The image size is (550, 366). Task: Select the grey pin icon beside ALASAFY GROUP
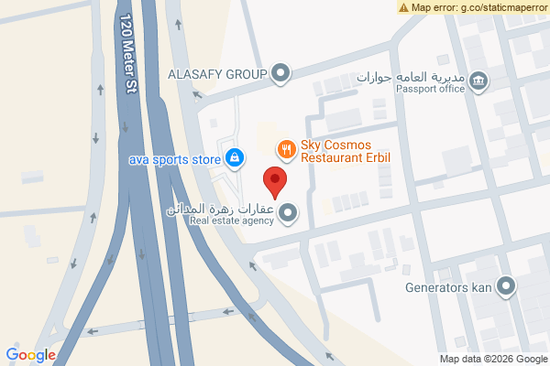[x=281, y=72]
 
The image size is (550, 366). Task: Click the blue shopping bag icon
[x=236, y=158]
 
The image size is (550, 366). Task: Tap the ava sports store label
[x=174, y=159]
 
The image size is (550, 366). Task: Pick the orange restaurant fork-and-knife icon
[x=287, y=146]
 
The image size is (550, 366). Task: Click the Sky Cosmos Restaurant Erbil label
[x=346, y=152]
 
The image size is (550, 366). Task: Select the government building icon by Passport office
[x=478, y=82]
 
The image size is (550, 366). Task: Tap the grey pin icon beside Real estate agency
[x=289, y=214]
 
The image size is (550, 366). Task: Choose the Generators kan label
[x=448, y=286]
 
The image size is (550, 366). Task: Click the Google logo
[x=30, y=354]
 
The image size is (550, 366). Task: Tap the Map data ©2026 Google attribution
[x=492, y=358]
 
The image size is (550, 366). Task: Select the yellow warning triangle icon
[x=403, y=7]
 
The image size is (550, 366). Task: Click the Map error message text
[x=478, y=7]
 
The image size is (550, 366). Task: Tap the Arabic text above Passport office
[x=412, y=75]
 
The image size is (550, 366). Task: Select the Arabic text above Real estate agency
[x=221, y=209]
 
